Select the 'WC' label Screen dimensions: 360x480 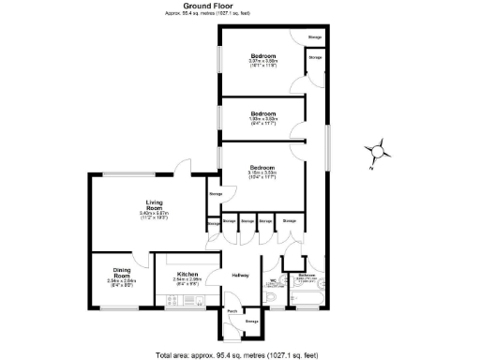[274, 278]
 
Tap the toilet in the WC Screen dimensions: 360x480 [271, 299]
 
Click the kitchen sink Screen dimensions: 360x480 [194, 300]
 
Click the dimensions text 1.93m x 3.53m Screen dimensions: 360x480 [262, 119]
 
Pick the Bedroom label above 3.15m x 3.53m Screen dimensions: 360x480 [262, 165]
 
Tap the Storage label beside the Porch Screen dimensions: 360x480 [250, 322]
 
